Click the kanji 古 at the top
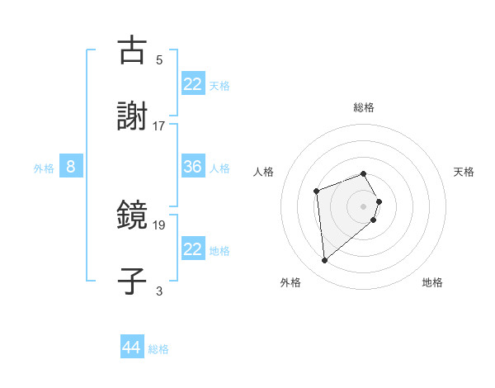133,50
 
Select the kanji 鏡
133,215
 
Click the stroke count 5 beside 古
159,60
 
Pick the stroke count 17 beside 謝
159,126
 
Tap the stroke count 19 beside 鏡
159,225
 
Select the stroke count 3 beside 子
159,291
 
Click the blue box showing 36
193,167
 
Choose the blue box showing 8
71,167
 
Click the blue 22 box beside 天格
193,84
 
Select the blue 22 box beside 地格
193,249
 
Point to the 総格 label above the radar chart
364,107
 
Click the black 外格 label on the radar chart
290,282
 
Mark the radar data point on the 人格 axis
316,192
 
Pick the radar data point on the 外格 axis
325,261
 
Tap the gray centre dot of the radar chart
364,206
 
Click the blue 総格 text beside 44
158,349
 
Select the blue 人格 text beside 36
219,168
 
